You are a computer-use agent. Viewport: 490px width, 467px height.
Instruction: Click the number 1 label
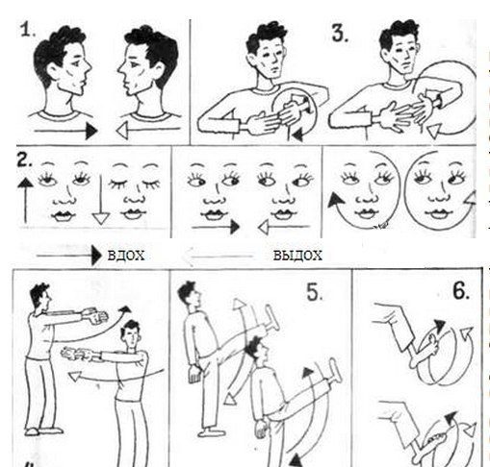pyautogui.click(x=27, y=31)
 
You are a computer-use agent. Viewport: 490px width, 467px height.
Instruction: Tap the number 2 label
pyautogui.click(x=24, y=160)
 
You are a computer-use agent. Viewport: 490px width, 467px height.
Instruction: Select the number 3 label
pyautogui.click(x=340, y=34)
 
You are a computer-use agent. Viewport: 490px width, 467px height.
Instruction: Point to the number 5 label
pyautogui.click(x=315, y=292)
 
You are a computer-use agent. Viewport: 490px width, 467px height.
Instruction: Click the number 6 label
pyautogui.click(x=461, y=291)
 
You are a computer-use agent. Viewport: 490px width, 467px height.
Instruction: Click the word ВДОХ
pyautogui.click(x=126, y=256)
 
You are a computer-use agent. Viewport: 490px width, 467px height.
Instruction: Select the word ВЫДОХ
pyautogui.click(x=297, y=256)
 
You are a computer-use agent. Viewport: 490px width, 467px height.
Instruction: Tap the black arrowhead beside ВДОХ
pyautogui.click(x=96, y=256)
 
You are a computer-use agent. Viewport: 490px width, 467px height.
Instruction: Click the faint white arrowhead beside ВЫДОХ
pyautogui.click(x=188, y=257)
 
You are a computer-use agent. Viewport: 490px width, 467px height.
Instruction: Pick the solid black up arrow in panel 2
pyautogui.click(x=25, y=201)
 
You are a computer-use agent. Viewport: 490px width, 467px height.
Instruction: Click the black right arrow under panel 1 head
pyautogui.click(x=65, y=131)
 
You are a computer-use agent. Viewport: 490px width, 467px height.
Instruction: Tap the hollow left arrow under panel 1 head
pyautogui.click(x=148, y=130)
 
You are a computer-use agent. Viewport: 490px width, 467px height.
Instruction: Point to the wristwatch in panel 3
pyautogui.click(x=436, y=100)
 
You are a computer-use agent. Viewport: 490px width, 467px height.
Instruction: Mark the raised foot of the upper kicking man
pyautogui.click(x=271, y=319)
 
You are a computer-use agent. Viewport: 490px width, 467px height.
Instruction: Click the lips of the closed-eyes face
pyautogui.click(x=134, y=213)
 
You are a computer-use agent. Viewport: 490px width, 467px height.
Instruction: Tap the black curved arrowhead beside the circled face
pyautogui.click(x=335, y=200)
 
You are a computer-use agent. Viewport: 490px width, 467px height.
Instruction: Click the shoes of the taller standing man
pyautogui.click(x=44, y=431)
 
